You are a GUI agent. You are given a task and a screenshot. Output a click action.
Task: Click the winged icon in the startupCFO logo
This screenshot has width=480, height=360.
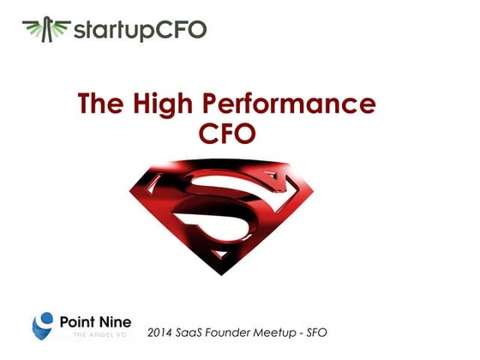[x=45, y=29]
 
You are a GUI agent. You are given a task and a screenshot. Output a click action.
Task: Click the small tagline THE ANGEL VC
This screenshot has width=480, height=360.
[x=97, y=335]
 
